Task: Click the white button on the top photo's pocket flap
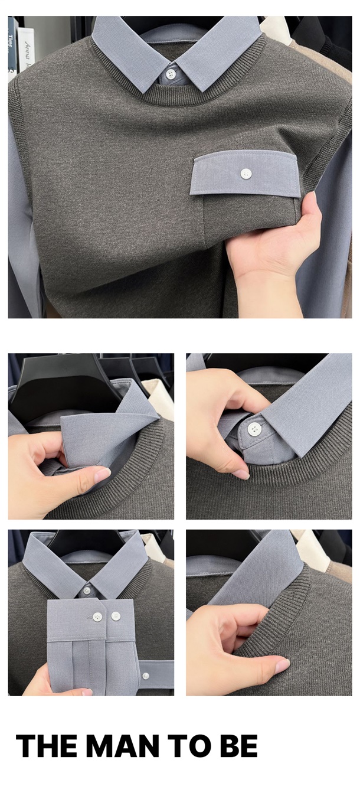click(246, 174)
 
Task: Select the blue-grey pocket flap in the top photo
click(246, 174)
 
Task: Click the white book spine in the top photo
click(25, 50)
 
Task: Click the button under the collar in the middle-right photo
click(254, 429)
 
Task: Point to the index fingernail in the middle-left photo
click(102, 475)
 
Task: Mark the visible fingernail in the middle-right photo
click(242, 474)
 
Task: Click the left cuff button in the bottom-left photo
click(97, 616)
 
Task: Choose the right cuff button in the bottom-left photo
click(116, 616)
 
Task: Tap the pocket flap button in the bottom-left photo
click(145, 675)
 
